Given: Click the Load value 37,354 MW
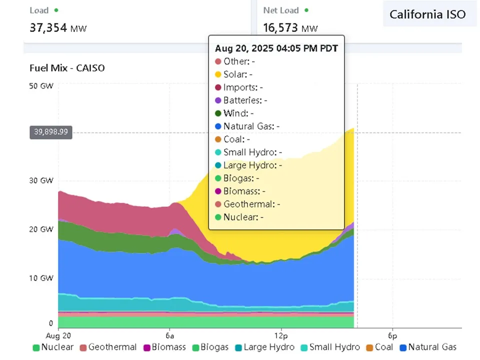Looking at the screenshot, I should [58, 27].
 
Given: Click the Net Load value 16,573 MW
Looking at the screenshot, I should [290, 27].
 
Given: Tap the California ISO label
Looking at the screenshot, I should [427, 14].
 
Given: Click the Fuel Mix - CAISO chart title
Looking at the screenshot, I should [67, 68].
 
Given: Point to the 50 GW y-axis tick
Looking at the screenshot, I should [41, 86].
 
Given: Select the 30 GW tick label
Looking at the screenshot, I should [41, 181].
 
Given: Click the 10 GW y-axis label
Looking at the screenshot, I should [41, 278].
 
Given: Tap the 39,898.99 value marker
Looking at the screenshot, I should [51, 132].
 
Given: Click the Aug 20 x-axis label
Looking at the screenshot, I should [58, 334].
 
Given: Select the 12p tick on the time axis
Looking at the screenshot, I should [281, 334].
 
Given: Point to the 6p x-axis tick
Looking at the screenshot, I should [392, 334].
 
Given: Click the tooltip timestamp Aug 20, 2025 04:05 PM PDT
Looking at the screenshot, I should [276, 48].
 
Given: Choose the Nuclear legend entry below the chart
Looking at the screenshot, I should [53, 347].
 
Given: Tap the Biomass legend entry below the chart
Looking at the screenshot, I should [164, 347].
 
